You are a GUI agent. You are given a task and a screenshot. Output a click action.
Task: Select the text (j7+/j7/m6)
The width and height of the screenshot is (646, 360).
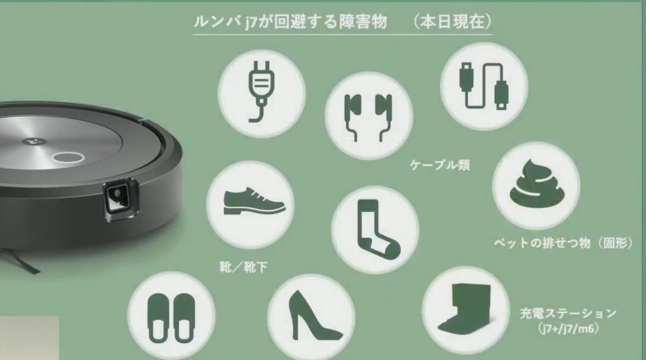[x=568, y=327]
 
